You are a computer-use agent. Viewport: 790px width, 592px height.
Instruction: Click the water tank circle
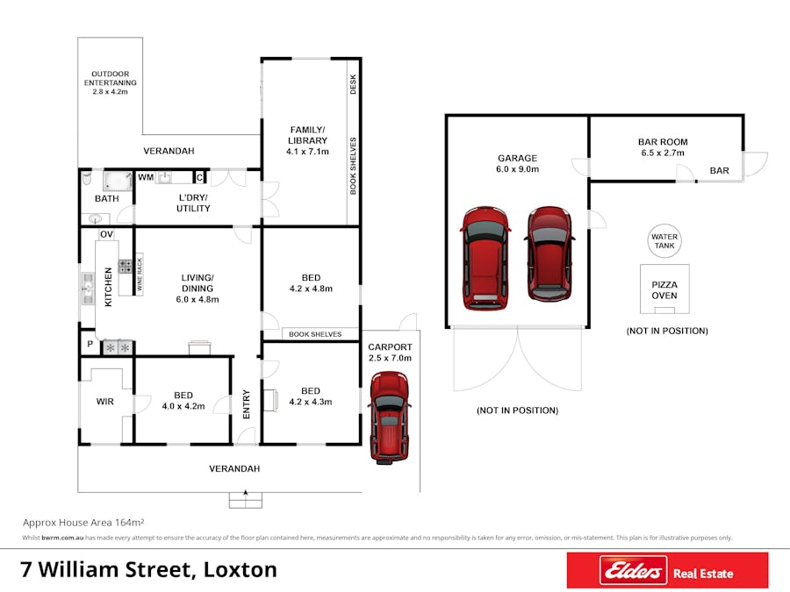pos(664,241)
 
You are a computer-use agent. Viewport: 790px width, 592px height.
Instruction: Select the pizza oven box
pos(664,289)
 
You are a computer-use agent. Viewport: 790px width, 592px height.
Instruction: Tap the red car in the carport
pos(390,417)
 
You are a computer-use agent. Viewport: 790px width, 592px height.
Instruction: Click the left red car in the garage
pos(485,257)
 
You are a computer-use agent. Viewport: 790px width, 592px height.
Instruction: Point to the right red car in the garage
pos(549,253)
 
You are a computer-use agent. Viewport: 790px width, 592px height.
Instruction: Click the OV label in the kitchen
pos(106,234)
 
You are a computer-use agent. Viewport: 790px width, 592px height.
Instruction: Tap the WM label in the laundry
pos(146,177)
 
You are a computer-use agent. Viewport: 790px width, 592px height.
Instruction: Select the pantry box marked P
pos(90,344)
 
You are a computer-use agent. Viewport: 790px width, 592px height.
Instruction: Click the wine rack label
pos(140,274)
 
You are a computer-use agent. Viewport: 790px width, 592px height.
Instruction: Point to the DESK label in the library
pos(353,84)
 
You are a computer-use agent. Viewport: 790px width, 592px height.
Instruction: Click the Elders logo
pos(633,570)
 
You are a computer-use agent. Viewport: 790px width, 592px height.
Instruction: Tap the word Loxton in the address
pos(240,570)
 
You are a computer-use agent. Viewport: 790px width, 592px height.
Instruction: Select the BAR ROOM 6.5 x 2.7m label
pos(663,147)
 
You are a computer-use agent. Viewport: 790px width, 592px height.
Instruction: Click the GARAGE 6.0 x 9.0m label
pos(517,164)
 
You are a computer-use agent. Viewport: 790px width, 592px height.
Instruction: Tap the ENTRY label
pos(247,403)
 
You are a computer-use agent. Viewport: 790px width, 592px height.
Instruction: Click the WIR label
pos(104,401)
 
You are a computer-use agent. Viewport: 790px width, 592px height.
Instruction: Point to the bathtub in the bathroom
pos(118,180)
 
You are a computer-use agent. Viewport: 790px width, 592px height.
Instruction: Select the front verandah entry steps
pos(246,500)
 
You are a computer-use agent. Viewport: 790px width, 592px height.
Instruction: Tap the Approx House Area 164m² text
pos(83,523)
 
